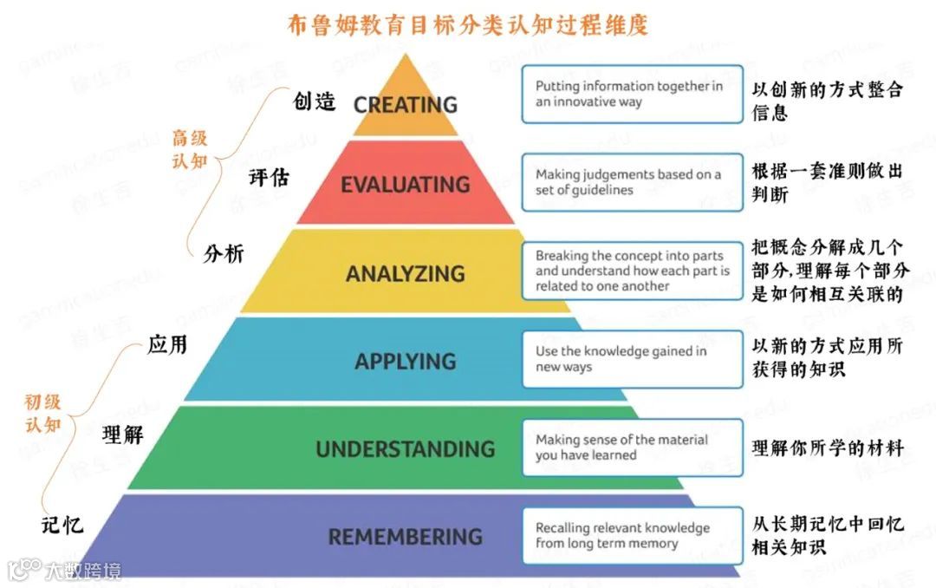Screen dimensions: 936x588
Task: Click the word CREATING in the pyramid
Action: point(405,105)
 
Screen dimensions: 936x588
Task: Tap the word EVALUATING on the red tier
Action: point(405,185)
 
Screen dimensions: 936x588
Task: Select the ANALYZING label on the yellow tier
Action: point(405,274)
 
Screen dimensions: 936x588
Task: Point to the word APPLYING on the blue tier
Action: point(405,361)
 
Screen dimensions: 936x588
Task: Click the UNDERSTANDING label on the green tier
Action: point(405,449)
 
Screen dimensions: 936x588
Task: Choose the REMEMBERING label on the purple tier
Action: point(405,537)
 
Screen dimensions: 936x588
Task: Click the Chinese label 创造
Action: point(315,101)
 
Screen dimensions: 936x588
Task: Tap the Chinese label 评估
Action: point(269,177)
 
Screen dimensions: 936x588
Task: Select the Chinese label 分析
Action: point(224,253)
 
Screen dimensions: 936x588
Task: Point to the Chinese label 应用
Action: point(167,344)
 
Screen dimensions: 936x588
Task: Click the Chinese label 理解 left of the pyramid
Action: point(122,434)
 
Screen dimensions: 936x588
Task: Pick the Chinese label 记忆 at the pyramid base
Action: point(62,525)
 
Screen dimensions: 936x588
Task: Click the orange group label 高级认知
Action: point(191,149)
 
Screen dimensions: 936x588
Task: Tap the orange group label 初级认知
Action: point(42,414)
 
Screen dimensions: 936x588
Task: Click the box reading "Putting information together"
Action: point(632,94)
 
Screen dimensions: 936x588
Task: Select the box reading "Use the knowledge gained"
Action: point(632,359)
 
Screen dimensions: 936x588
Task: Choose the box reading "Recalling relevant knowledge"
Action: point(632,535)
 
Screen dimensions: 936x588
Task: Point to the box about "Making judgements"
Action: point(632,182)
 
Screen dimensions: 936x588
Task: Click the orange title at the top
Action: point(468,24)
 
